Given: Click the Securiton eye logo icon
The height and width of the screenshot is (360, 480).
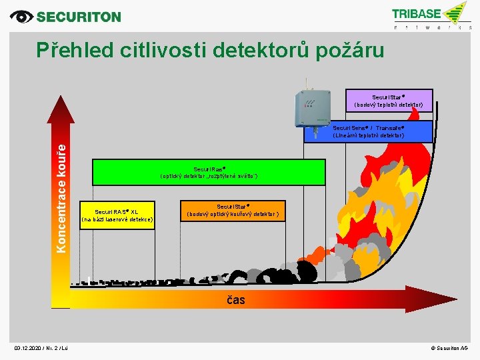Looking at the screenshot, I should pyautogui.click(x=22, y=17).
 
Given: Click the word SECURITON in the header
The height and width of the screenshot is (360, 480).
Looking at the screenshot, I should pyautogui.click(x=79, y=17).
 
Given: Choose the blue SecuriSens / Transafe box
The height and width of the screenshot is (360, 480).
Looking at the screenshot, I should pyautogui.click(x=369, y=131).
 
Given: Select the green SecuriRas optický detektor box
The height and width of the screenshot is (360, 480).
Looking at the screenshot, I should pyautogui.click(x=209, y=173).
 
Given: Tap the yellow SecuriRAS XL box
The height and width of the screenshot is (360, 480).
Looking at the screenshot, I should pyautogui.click(x=117, y=215).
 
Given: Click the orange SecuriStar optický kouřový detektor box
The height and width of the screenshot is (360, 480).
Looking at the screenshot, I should pyautogui.click(x=233, y=211).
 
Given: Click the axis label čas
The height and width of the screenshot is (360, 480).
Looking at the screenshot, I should pyautogui.click(x=236, y=300).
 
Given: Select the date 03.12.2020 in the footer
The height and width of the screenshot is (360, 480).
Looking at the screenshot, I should pyautogui.click(x=31, y=348).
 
